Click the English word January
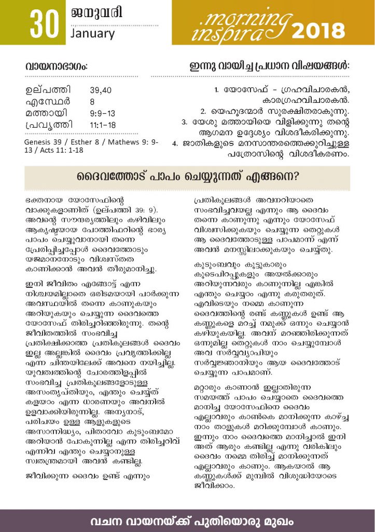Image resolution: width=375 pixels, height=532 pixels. (92, 34)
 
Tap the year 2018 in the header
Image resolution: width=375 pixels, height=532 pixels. (318, 31)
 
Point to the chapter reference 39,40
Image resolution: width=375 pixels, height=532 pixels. (100, 90)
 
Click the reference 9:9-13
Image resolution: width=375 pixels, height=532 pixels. (102, 113)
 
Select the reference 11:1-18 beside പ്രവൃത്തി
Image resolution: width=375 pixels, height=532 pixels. (103, 125)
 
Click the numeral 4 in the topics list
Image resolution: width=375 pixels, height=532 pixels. (175, 143)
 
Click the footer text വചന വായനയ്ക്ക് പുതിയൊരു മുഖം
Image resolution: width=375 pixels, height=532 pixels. (187, 520)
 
